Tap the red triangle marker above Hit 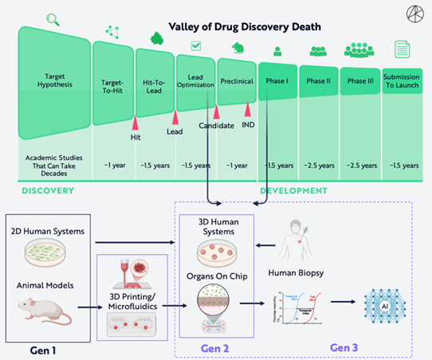coord(135,123)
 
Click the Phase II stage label coord(319,81)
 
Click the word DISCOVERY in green coord(48,191)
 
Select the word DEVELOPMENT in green coord(293,191)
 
